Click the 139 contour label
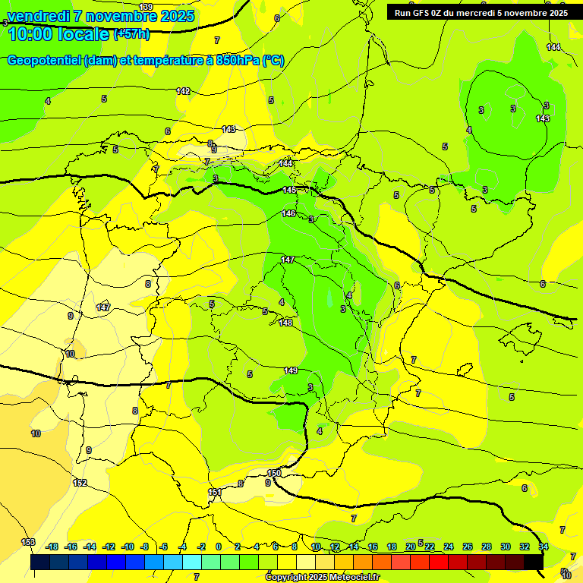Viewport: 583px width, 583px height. tap(146, 7)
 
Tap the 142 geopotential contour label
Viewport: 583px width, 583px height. tap(183, 91)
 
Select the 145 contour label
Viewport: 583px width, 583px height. tap(289, 190)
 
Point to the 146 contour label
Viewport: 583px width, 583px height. tap(288, 213)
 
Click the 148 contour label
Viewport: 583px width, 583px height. tap(285, 323)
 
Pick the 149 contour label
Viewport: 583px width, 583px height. tap(291, 370)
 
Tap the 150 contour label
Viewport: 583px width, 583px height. tap(274, 473)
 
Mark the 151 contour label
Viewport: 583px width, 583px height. tap(215, 493)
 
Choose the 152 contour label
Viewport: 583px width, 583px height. tap(80, 483)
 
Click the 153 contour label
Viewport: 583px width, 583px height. tap(28, 541)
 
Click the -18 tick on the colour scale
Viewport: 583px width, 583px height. tap(52, 547)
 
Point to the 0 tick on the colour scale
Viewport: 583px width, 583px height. tap(219, 547)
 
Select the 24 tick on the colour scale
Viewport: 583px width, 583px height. tap(449, 547)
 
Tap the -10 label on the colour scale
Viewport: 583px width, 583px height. tap(128, 547)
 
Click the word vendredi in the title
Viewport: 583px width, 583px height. tap(39, 16)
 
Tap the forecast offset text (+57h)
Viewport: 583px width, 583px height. tap(131, 33)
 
